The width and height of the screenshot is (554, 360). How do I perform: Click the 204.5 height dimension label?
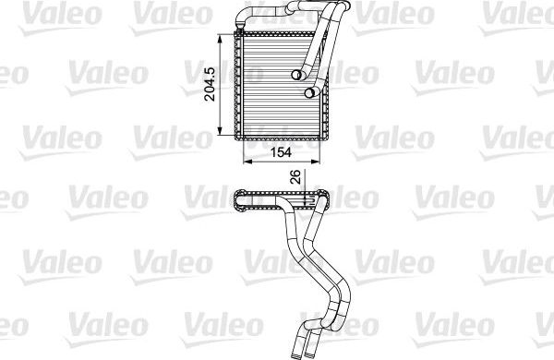(210, 82)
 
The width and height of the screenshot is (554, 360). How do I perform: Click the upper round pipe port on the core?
(299, 76)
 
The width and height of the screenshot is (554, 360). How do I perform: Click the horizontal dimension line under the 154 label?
(279, 162)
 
